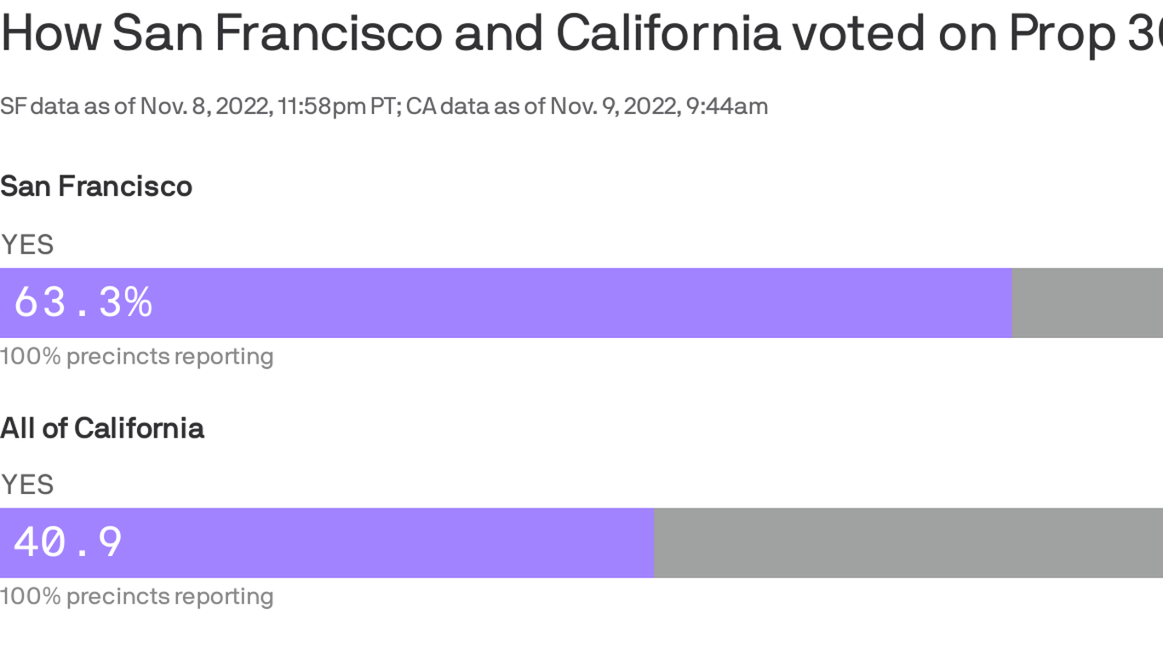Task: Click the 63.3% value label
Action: coord(83,302)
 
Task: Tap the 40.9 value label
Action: coord(68,542)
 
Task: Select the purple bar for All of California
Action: coord(383,542)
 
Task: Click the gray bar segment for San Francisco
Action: coord(1087,302)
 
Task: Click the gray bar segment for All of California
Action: coord(908,542)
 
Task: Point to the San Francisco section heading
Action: coord(96,186)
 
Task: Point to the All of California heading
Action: coord(102,427)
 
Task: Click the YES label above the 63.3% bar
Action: coord(27,244)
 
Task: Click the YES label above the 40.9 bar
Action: coord(27,485)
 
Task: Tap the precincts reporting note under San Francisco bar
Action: coord(136,356)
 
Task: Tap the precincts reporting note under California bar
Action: coord(136,596)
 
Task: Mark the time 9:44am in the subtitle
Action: coord(728,106)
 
